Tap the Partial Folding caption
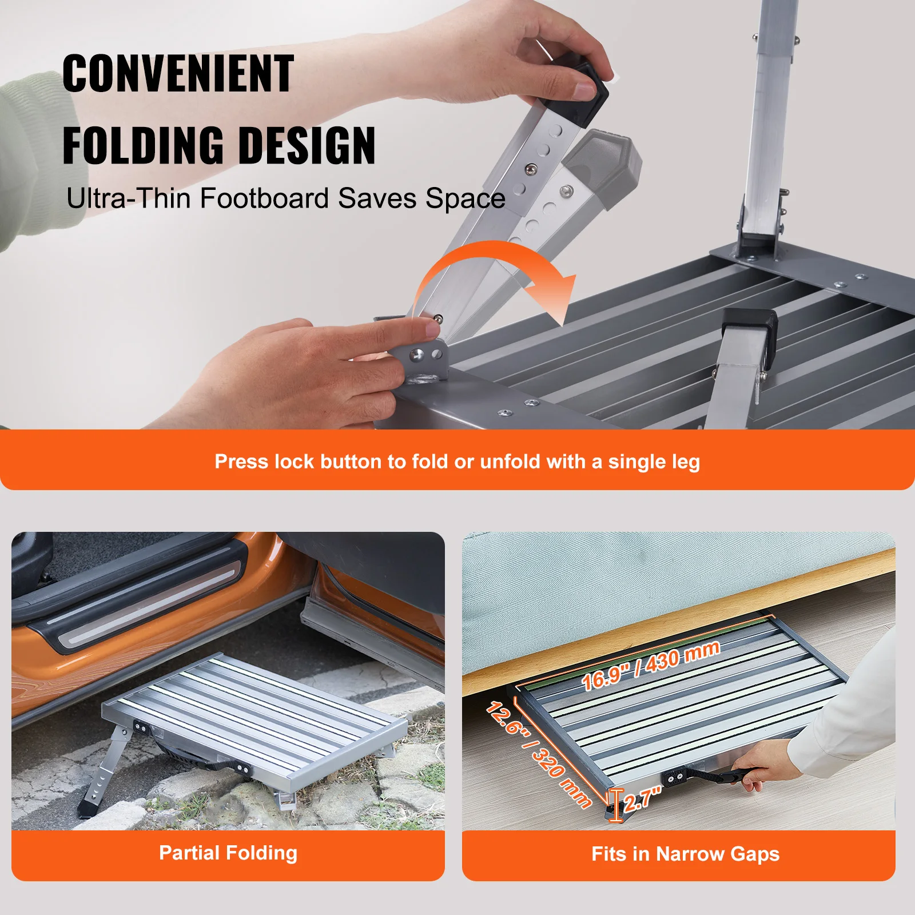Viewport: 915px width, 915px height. coord(228,853)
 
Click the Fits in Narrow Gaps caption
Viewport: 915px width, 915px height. coord(685,854)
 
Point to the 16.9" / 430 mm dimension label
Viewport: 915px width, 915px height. coord(650,665)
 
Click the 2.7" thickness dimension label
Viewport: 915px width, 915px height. coord(642,798)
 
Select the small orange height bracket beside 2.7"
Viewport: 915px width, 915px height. coord(615,805)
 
